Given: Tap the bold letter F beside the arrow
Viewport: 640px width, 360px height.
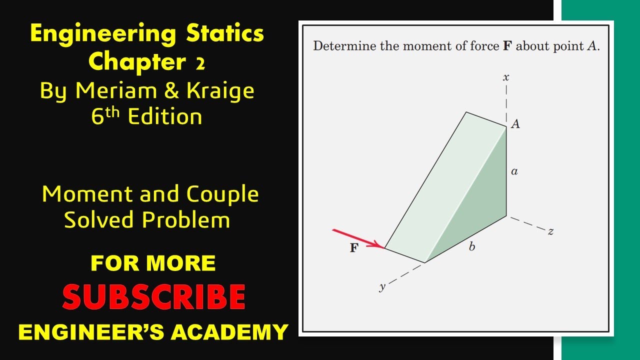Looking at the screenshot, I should (x=354, y=248).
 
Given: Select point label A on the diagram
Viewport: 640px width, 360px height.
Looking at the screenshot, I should (x=515, y=124).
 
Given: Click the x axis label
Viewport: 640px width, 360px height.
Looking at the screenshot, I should (x=506, y=77).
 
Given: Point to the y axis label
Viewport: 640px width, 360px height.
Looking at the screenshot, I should (x=382, y=287).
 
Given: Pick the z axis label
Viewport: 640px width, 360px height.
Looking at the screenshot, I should (x=550, y=231).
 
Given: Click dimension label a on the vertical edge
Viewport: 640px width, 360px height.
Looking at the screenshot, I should (x=514, y=172).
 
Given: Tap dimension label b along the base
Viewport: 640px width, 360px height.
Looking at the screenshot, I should (x=471, y=247).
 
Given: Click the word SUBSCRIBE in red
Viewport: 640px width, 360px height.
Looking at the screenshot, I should (x=153, y=297).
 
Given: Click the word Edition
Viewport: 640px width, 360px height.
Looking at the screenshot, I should (x=165, y=117).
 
